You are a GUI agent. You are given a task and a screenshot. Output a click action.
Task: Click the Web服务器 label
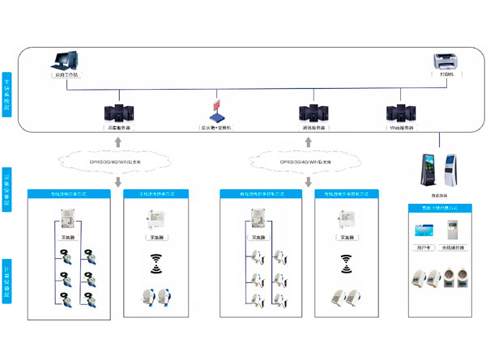(401, 128)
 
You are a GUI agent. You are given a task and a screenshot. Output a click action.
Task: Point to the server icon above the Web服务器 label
(401, 112)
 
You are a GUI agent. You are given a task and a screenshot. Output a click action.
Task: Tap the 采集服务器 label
(119, 128)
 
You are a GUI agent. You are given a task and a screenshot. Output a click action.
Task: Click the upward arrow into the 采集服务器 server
(119, 142)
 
